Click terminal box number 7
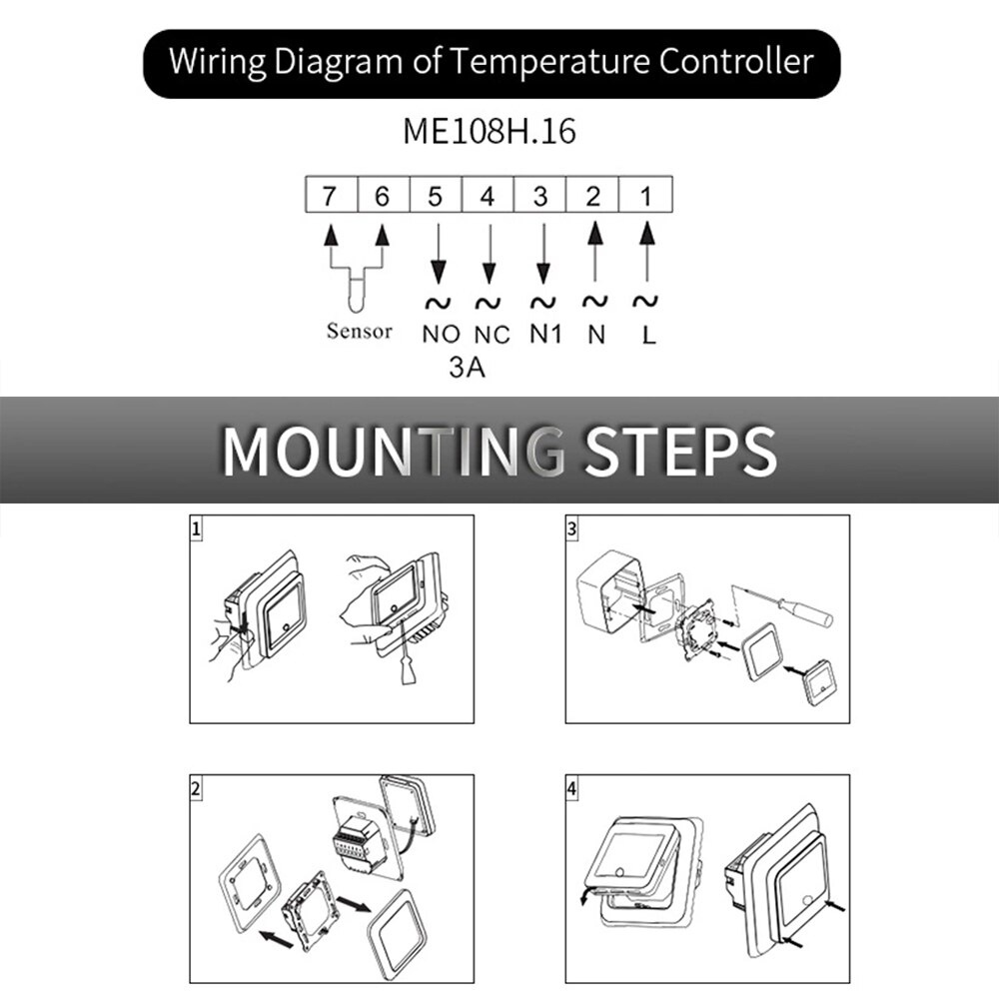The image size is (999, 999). click(330, 196)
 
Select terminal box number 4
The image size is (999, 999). click(488, 196)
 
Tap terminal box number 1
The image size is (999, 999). click(646, 196)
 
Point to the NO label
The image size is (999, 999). click(441, 335)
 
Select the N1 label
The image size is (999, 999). click(544, 335)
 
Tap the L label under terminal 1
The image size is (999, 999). click(648, 335)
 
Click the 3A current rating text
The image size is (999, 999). click(467, 369)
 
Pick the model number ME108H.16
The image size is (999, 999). click(490, 132)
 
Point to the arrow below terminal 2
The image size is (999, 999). click(594, 250)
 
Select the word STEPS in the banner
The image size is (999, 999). click(679, 451)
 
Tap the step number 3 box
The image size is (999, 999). click(571, 529)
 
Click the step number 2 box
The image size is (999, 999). click(197, 788)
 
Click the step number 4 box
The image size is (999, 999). click(571, 788)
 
